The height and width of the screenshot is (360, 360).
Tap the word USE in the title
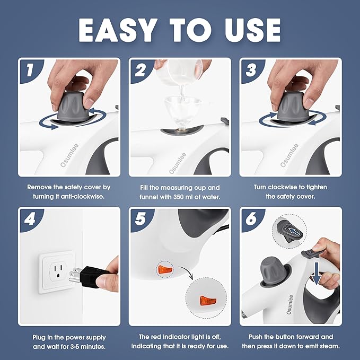(x=252, y=30)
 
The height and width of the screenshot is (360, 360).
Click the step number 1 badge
(x=30, y=70)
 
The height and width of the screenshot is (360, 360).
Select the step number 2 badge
(x=141, y=70)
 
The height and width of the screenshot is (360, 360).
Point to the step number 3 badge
(x=251, y=70)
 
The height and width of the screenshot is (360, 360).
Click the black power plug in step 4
(x=91, y=276)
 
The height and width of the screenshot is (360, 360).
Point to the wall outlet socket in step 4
(x=57, y=271)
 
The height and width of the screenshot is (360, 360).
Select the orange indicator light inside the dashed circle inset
(x=208, y=300)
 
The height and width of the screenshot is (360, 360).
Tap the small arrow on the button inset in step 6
(x=294, y=231)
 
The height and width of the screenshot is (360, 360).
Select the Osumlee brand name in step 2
(x=178, y=163)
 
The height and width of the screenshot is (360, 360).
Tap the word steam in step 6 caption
(x=329, y=346)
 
